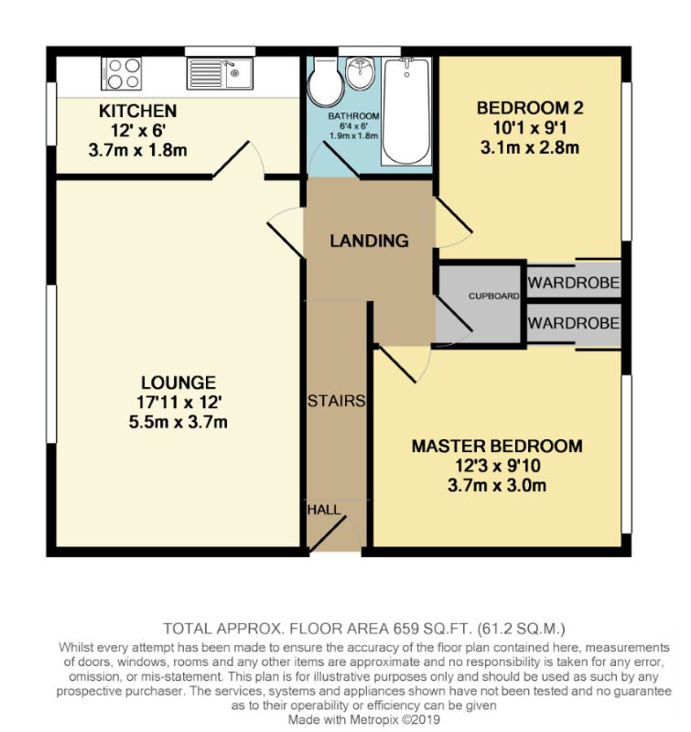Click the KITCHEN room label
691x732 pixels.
pyautogui.click(x=137, y=112)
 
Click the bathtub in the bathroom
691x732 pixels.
pyautogui.click(x=405, y=110)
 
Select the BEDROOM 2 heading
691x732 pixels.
pyautogui.click(x=530, y=108)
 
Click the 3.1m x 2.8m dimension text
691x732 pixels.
pyautogui.click(x=530, y=145)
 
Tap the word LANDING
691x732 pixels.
pyautogui.click(x=369, y=242)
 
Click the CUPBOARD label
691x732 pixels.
pyautogui.click(x=494, y=296)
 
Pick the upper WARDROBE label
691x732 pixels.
pyautogui.click(x=574, y=283)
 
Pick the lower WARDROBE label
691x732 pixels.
pyautogui.click(x=574, y=323)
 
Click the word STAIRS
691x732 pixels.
pyautogui.click(x=337, y=401)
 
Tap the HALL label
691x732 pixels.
pyautogui.click(x=323, y=509)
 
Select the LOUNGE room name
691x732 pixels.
pyautogui.click(x=178, y=382)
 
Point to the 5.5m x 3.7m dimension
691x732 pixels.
pyautogui.click(x=178, y=422)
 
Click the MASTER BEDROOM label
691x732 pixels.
pyautogui.click(x=497, y=447)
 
